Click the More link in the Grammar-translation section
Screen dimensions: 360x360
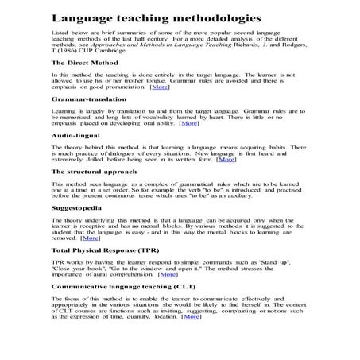tap(188, 123)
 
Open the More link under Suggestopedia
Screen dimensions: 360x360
tap(90, 238)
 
